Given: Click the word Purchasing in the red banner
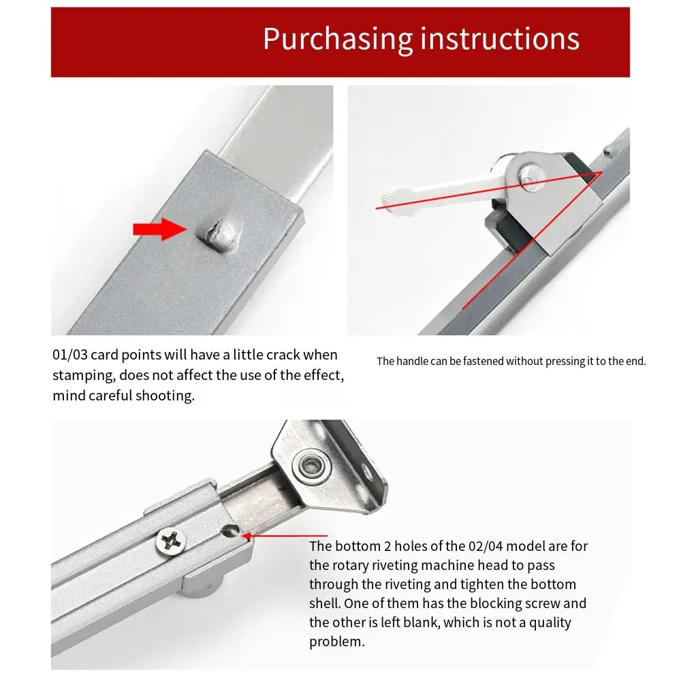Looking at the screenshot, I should (336, 39).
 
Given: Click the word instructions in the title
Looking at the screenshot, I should (499, 39).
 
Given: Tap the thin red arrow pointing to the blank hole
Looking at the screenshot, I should (286, 537).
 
